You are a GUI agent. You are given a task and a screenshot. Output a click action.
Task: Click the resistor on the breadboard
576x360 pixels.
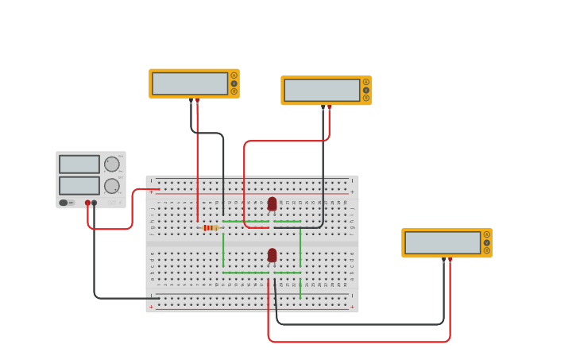(x=211, y=228)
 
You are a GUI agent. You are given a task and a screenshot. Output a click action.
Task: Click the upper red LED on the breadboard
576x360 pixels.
(x=272, y=204)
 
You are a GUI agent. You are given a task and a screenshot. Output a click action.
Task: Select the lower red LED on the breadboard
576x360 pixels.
(x=272, y=255)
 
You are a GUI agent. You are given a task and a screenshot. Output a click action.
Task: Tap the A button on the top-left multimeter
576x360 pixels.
(x=234, y=75)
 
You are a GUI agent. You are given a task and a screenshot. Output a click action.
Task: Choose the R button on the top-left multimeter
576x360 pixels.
(x=234, y=91)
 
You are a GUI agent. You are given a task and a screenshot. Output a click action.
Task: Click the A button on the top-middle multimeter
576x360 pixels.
(x=366, y=82)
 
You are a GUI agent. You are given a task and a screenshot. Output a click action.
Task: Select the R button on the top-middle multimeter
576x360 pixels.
(x=366, y=98)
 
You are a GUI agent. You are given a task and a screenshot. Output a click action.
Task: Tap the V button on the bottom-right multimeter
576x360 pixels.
(x=487, y=242)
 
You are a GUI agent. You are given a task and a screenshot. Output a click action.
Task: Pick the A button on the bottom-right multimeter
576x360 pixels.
(x=487, y=234)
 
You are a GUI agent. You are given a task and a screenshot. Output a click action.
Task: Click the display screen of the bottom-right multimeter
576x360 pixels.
(x=443, y=242)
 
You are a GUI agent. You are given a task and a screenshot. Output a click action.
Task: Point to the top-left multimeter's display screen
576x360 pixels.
(x=190, y=83)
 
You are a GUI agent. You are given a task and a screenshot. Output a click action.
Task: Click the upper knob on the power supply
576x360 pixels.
(x=112, y=165)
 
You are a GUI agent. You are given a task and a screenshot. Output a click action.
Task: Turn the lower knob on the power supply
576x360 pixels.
(x=112, y=186)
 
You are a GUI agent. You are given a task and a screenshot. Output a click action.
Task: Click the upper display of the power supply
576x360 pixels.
(x=79, y=165)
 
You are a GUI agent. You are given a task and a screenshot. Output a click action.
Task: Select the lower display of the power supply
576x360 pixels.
(x=79, y=185)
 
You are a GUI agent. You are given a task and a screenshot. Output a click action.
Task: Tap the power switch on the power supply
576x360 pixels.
(x=64, y=203)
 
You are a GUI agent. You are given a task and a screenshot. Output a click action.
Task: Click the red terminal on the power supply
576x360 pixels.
(x=87, y=203)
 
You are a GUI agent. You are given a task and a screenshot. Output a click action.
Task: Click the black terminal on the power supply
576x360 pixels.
(x=95, y=203)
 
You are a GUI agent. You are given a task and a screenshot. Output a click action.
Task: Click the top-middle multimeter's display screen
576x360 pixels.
(x=322, y=90)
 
